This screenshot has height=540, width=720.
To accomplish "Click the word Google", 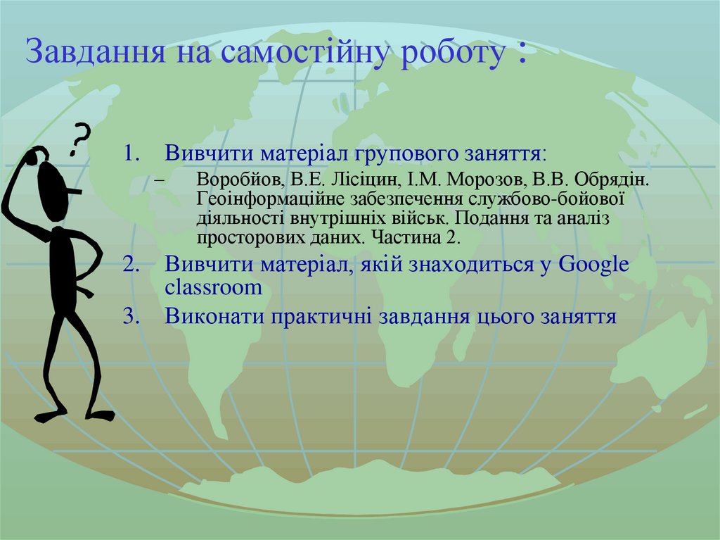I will pyautogui.click(x=594, y=265).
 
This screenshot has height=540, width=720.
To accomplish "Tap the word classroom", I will pyautogui.click(x=214, y=288).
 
